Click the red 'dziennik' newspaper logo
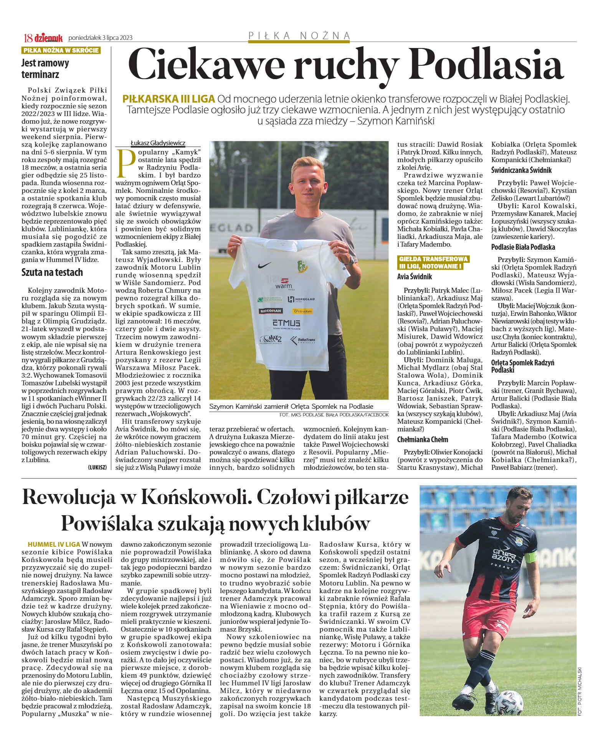48,38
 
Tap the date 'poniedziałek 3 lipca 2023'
101,38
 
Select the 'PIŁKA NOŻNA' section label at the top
299,36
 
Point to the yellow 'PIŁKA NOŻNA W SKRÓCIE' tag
61,50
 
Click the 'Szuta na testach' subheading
52,272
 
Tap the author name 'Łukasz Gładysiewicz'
158,143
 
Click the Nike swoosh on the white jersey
264,265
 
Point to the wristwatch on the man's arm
350,262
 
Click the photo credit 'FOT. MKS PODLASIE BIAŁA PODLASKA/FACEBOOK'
334,415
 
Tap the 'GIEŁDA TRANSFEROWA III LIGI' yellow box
433,262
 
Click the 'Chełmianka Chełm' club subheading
423,440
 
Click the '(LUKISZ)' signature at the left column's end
97,467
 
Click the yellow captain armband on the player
531,557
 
